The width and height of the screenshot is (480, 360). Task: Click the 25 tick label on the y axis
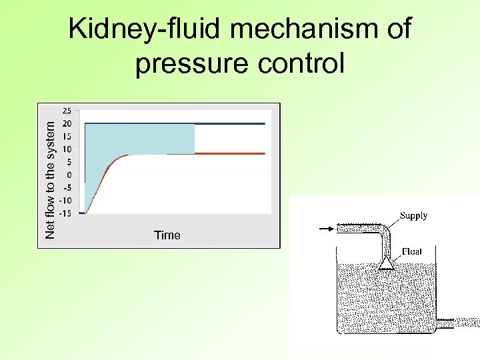point(67,111)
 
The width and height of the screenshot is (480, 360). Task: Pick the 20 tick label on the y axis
point(67,123)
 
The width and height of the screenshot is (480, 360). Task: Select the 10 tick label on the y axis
point(67,149)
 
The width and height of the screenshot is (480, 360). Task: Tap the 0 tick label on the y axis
point(69,175)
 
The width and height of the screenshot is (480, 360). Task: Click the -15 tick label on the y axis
point(66,213)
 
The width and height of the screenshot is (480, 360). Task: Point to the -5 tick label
point(67,187)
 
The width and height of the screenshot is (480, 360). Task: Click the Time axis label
point(167,235)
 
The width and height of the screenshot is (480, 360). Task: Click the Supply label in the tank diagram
point(413,215)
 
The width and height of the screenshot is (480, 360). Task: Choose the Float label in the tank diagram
point(411,251)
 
